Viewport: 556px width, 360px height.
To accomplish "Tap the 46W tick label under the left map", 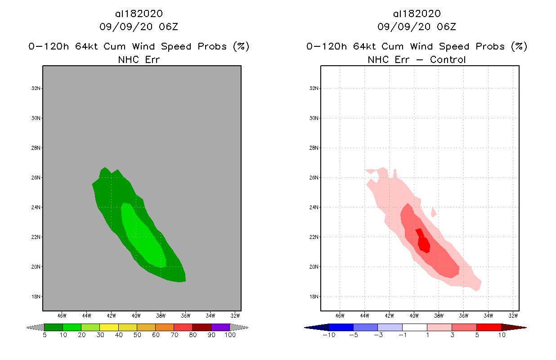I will (62, 315).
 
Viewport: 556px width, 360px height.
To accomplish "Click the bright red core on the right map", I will (423, 243).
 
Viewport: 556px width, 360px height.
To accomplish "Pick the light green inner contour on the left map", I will (144, 238).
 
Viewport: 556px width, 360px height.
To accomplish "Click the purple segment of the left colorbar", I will (220, 327).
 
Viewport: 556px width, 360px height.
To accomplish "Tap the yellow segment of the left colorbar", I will (109, 327).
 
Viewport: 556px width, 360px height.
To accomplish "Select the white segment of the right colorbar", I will (414, 327).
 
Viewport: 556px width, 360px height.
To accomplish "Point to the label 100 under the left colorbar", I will (230, 335).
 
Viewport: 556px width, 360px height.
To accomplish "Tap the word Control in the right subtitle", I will (448, 59).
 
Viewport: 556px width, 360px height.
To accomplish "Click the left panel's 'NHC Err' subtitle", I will (139, 59).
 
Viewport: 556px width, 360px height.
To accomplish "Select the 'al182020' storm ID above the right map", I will (417, 14).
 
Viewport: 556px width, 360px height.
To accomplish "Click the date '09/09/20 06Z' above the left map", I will (139, 27).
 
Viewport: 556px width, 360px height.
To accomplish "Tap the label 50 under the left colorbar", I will (137, 335).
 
